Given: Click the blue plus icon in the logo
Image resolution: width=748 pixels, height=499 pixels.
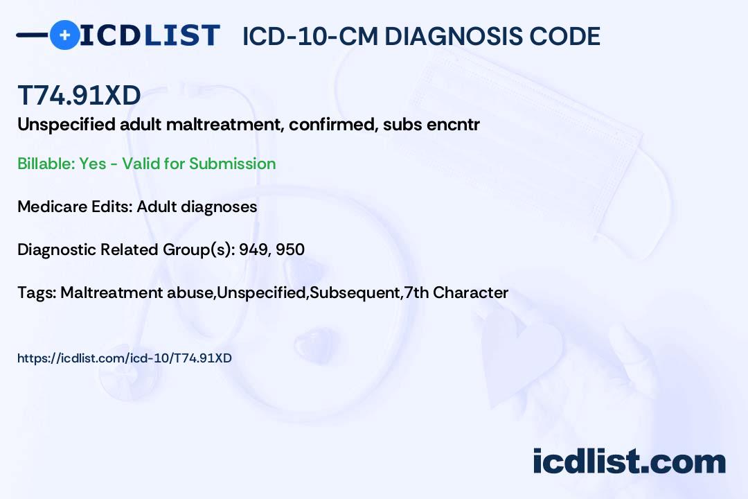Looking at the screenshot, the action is [x=64, y=35].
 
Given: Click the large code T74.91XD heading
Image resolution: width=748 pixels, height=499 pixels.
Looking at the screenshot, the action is [x=79, y=95].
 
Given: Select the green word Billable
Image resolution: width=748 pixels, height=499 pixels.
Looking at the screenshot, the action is [x=46, y=164].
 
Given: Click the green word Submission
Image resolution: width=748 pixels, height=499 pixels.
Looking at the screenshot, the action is [x=232, y=164].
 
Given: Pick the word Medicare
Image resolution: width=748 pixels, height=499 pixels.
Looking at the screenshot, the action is [x=52, y=207].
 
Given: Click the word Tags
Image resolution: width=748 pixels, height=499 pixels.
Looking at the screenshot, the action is [x=37, y=292].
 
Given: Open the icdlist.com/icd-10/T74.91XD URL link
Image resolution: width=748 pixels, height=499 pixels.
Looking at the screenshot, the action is [x=125, y=358].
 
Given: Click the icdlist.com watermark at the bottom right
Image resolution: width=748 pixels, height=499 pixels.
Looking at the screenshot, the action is [x=629, y=462].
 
